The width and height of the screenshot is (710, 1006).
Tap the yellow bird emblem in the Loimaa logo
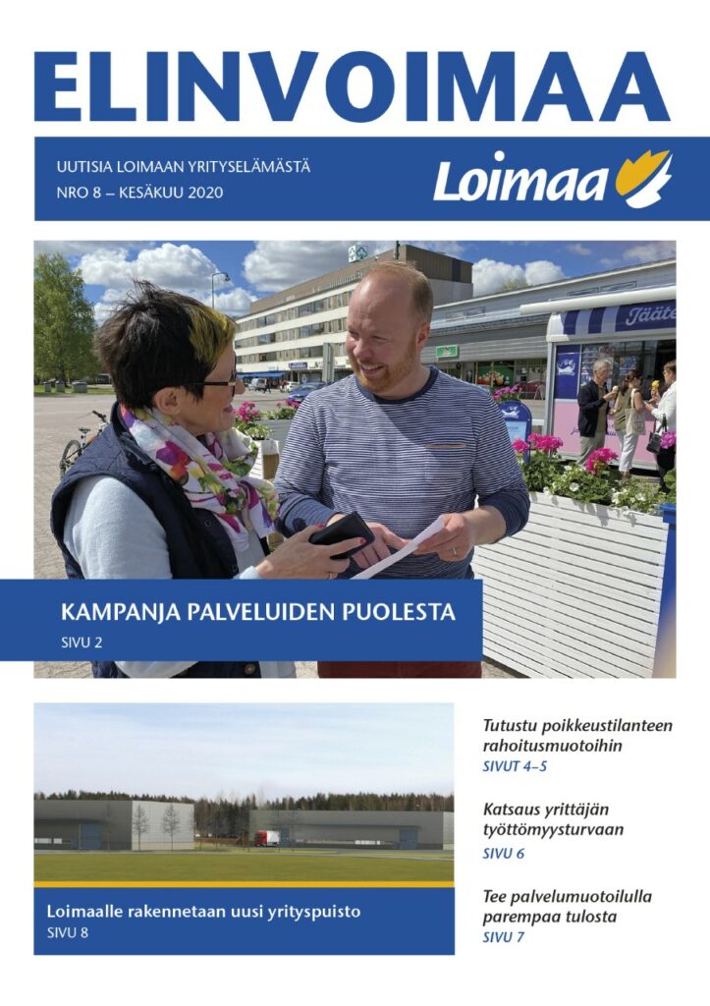point(644,177)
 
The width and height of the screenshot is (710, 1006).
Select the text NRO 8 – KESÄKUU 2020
point(140,192)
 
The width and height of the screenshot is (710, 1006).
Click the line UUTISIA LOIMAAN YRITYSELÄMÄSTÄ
point(184,166)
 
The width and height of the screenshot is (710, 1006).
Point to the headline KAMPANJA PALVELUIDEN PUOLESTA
point(258,613)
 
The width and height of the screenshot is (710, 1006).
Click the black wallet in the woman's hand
point(341,533)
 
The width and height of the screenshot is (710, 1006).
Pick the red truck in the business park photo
point(266,838)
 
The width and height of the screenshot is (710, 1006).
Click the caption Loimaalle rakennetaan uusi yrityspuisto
point(203,912)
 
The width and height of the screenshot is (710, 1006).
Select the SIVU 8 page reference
point(68,932)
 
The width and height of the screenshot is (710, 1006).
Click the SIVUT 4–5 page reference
point(515,766)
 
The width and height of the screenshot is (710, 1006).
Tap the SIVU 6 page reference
point(504,853)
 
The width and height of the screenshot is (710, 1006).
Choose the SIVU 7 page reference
point(504,937)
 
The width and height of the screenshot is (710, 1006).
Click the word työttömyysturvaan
point(553,830)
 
